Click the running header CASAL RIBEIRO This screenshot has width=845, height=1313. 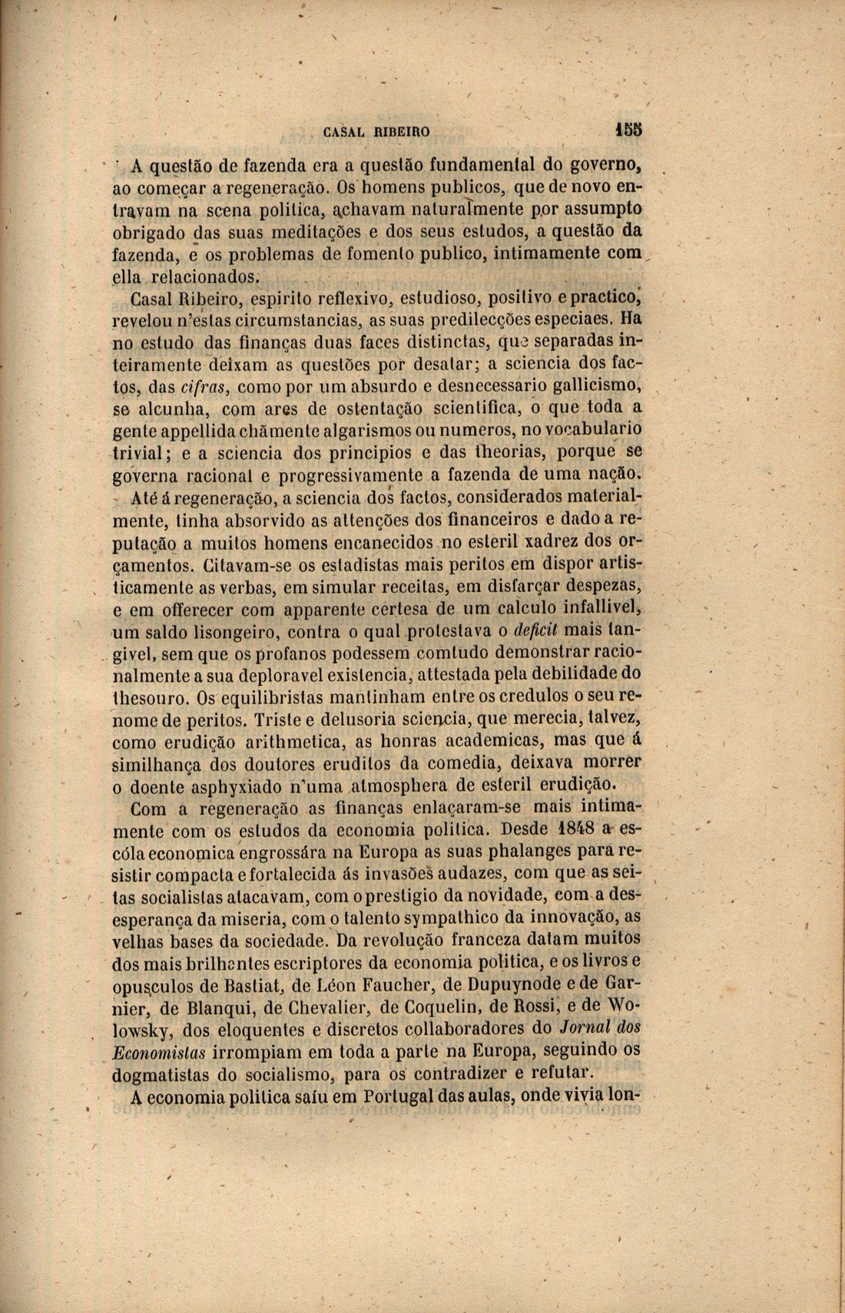[x=376, y=131]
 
